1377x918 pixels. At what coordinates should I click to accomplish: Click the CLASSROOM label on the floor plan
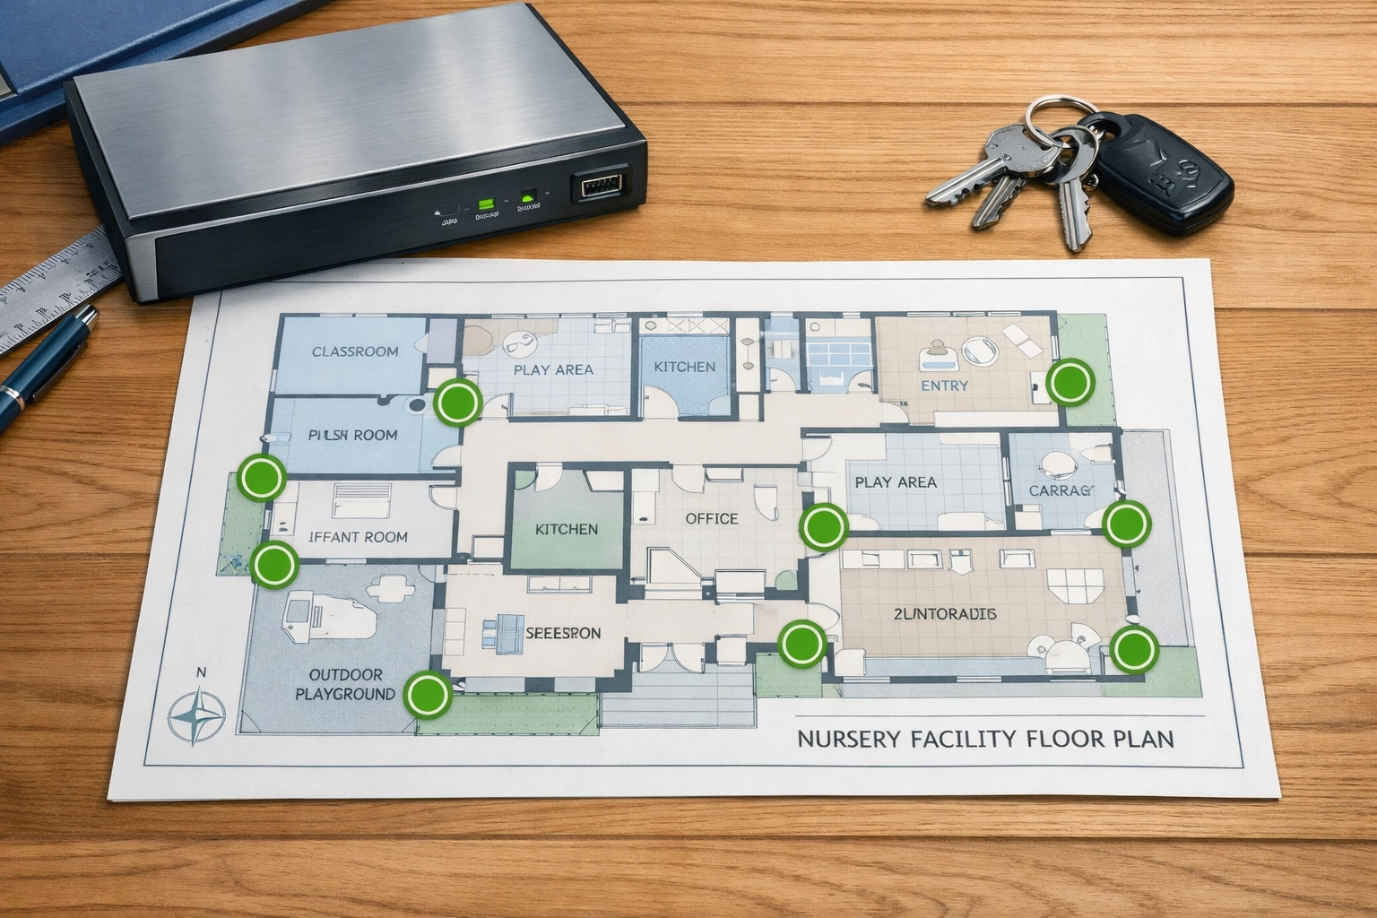pyautogui.click(x=355, y=351)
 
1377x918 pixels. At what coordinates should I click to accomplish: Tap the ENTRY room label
pyautogui.click(x=945, y=385)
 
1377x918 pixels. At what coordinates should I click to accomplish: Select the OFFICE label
pyautogui.click(x=711, y=518)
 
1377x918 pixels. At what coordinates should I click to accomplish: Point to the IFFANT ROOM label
pyautogui.click(x=358, y=537)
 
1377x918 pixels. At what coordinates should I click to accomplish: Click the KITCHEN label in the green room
pyautogui.click(x=566, y=529)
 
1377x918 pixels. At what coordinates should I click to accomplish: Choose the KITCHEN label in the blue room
pyautogui.click(x=684, y=367)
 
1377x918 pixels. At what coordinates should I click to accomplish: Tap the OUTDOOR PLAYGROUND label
pyautogui.click(x=345, y=684)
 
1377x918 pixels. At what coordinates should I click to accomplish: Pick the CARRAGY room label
pyautogui.click(x=1061, y=490)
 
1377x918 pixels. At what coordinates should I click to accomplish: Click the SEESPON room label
pyautogui.click(x=562, y=632)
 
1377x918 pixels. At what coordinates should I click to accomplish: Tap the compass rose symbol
pyautogui.click(x=198, y=714)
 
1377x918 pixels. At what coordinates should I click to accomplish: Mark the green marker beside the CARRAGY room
pyautogui.click(x=1126, y=523)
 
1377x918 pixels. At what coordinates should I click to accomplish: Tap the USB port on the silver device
pyautogui.click(x=600, y=186)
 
